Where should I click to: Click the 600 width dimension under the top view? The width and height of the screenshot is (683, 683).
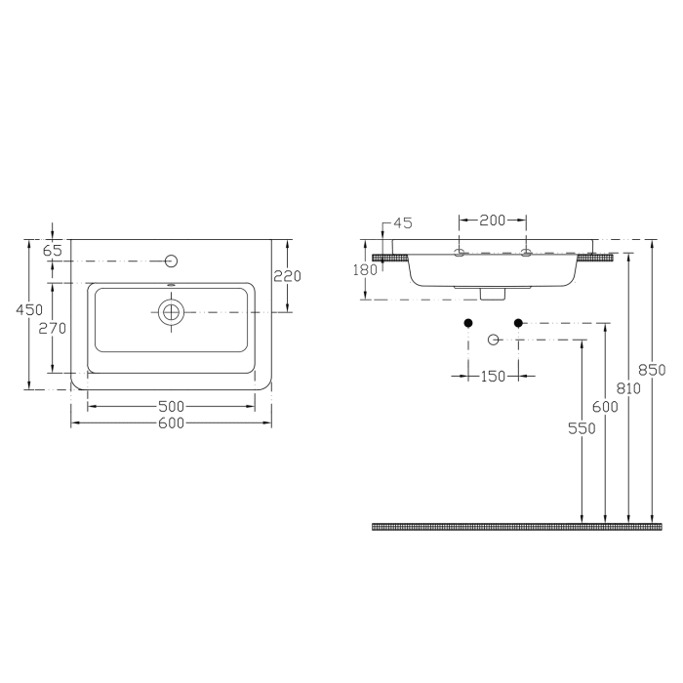coord(171,423)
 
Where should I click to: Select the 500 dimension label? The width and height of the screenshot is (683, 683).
coord(171,405)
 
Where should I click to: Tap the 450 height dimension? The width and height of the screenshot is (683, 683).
coord(34,309)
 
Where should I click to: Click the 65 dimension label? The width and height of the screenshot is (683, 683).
coord(53,251)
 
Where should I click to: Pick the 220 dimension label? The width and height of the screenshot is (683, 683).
coord(287,276)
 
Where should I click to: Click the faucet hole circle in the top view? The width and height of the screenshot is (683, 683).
coord(172,261)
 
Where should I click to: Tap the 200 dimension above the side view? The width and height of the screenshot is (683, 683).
coord(493,221)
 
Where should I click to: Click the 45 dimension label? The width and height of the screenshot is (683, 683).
coord(403,223)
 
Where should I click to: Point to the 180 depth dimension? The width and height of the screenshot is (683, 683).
coord(364,269)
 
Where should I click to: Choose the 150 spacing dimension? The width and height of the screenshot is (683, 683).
coord(493,376)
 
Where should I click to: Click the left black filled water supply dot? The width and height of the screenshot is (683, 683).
coord(468,323)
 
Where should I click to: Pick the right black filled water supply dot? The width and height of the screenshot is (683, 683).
coord(518,323)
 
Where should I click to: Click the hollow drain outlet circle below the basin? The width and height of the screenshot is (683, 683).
coord(494,340)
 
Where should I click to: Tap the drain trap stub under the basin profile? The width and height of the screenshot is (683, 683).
coord(493,291)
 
